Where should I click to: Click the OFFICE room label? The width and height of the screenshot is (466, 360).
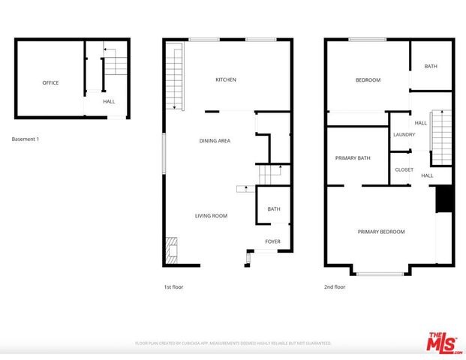point(50,83)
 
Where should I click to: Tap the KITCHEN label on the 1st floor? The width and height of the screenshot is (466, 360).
point(226,79)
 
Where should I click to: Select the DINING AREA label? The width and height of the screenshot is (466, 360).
point(215,141)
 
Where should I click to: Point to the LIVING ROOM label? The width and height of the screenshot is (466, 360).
point(211,216)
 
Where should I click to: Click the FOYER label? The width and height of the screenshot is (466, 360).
point(272,241)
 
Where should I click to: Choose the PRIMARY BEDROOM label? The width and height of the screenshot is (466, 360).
point(380,232)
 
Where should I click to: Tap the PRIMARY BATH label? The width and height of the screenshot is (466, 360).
point(353,158)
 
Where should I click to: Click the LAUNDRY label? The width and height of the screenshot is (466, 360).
point(404,135)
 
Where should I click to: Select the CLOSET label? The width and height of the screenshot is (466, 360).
point(404,170)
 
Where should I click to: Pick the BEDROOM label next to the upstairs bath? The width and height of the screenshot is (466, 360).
point(368,80)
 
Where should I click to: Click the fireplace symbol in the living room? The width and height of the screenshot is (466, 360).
point(172,249)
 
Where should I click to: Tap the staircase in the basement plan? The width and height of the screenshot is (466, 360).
point(116,66)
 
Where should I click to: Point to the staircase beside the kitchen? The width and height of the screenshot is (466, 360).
point(174,77)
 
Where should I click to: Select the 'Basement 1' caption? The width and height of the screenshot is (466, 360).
point(26,139)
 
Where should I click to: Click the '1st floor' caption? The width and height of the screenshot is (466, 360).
point(173,287)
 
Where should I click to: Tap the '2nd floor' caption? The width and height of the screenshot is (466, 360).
point(335,287)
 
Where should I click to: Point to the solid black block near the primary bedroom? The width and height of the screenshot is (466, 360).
point(443,199)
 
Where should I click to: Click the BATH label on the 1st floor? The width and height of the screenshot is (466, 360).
point(274,209)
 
